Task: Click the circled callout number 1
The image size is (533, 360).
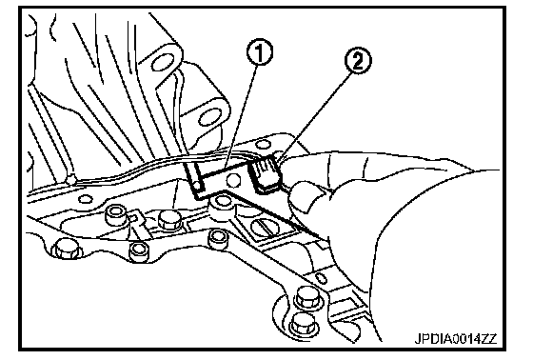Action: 259,52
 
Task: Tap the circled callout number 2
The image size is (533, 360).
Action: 358,61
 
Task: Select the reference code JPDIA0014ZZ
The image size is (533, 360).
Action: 456,338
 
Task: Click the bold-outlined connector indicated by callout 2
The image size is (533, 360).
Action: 266,173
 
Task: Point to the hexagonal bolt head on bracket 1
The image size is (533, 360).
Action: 233,180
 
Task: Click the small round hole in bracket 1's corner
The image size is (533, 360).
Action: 198,186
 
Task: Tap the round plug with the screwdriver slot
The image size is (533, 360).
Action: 266,227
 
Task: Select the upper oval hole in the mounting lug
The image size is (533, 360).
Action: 163,62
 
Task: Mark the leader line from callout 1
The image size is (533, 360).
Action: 242,111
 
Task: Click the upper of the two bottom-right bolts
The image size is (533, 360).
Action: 307,299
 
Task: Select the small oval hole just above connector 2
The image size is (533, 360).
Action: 263,145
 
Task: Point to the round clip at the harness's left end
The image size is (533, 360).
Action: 71,179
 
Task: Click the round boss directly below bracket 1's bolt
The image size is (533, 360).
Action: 221,202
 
